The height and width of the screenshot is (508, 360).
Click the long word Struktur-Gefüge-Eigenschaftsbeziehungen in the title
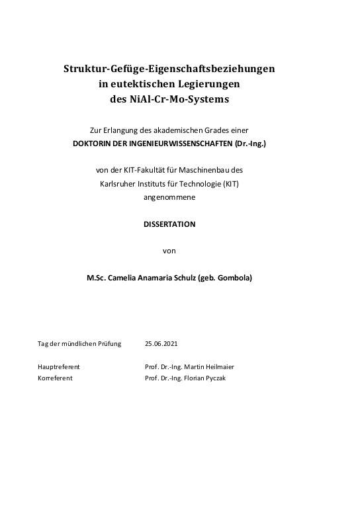coord(169,68)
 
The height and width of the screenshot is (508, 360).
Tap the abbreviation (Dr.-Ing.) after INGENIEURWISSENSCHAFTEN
coord(249,144)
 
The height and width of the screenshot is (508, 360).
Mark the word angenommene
coord(169,196)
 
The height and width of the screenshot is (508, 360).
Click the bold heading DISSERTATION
coord(169,224)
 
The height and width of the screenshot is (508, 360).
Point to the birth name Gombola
coord(233,278)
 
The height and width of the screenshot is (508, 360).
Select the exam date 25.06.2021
coord(161,344)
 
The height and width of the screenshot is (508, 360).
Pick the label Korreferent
coord(55,378)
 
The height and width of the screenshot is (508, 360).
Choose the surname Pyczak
coord(220,378)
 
